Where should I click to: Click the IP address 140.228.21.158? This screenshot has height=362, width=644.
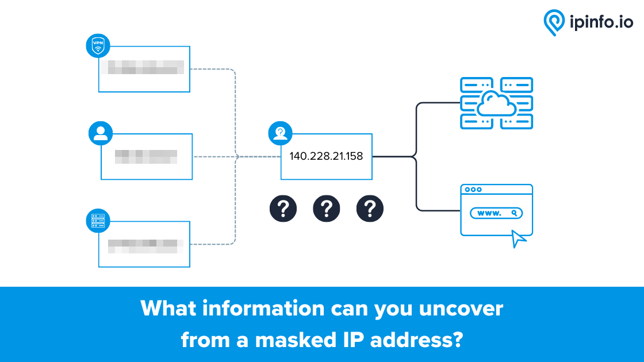[326, 156]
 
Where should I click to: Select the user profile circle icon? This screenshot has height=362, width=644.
[101, 133]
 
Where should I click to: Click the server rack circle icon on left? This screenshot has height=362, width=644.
[98, 221]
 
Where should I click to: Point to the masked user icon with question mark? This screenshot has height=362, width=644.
[280, 133]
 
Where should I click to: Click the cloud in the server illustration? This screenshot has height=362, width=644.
[496, 104]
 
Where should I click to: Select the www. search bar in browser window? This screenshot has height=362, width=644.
[496, 213]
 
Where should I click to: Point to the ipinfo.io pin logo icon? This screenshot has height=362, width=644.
[554, 22]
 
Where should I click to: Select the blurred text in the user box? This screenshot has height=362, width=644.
[145, 156]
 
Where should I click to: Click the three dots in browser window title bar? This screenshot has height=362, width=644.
[473, 190]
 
